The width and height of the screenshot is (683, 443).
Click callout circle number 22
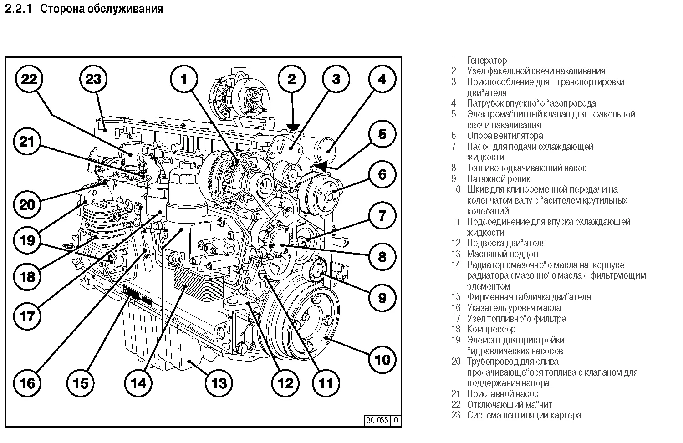click(29, 79)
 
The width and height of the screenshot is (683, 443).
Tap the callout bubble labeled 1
click(183, 79)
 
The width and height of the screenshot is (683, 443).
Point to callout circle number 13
click(219, 382)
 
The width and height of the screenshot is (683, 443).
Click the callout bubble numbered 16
click(28, 382)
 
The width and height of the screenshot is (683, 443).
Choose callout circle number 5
click(382, 134)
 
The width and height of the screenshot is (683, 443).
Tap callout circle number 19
click(28, 239)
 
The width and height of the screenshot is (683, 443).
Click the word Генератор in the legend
click(486, 60)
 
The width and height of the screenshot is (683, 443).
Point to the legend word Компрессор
click(491, 329)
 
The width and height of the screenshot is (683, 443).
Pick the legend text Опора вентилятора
click(505, 136)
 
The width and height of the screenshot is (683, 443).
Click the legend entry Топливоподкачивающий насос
click(526, 168)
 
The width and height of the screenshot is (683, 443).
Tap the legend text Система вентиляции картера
click(524, 415)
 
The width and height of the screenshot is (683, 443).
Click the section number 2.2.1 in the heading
click(18, 9)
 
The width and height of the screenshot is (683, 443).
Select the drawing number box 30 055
click(377, 420)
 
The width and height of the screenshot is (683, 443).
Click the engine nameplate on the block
click(137, 295)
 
